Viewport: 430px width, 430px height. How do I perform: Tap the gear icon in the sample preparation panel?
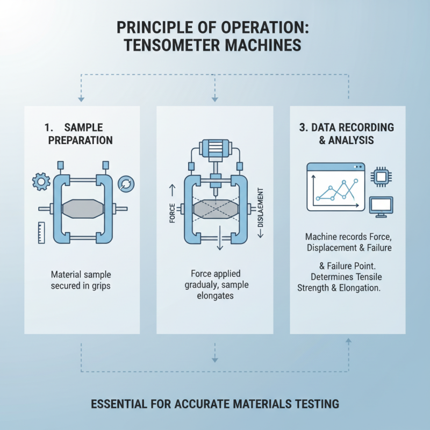tap(41, 182)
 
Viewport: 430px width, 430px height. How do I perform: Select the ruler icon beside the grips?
tap(41, 232)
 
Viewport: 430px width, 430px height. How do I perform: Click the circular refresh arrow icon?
tap(125, 182)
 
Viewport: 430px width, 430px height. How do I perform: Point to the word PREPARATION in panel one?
tap(81, 140)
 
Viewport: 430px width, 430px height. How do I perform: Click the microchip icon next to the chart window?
tap(382, 176)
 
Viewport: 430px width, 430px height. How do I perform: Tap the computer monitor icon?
tap(382, 206)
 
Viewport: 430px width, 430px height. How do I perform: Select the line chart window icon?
tap(335, 187)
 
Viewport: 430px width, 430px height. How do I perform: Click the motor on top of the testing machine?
tap(215, 149)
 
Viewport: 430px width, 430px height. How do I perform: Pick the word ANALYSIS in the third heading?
tap(354, 140)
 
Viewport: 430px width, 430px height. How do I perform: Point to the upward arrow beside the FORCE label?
tap(172, 189)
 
